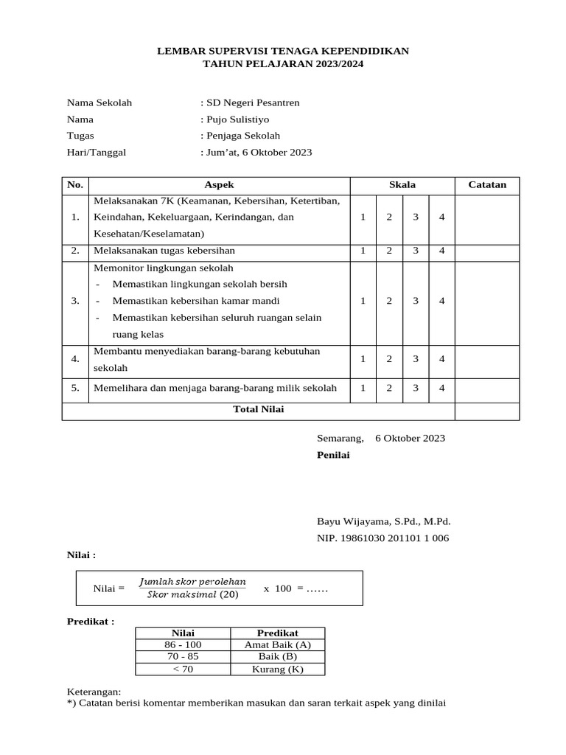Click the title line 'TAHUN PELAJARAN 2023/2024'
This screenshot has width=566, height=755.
[283, 65]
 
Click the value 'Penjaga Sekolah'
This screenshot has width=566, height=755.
[242, 136]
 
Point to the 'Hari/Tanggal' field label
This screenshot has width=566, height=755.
[97, 153]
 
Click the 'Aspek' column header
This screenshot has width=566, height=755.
[219, 185]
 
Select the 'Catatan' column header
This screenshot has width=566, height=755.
[487, 185]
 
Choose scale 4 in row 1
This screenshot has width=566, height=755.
[442, 218]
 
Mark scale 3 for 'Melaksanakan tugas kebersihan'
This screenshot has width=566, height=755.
[416, 251]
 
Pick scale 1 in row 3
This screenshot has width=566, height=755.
[363, 301]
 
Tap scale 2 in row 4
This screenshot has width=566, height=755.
[389, 359]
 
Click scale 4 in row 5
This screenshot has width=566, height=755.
[442, 388]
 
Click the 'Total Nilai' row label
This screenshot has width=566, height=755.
[258, 410]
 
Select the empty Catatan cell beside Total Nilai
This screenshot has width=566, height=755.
[487, 411]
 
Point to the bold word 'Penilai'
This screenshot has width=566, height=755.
[333, 456]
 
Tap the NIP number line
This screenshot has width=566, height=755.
[382, 538]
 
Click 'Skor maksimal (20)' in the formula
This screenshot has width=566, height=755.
[192, 596]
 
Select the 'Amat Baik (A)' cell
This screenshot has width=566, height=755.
[277, 644]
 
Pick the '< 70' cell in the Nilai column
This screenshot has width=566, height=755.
[183, 669]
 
